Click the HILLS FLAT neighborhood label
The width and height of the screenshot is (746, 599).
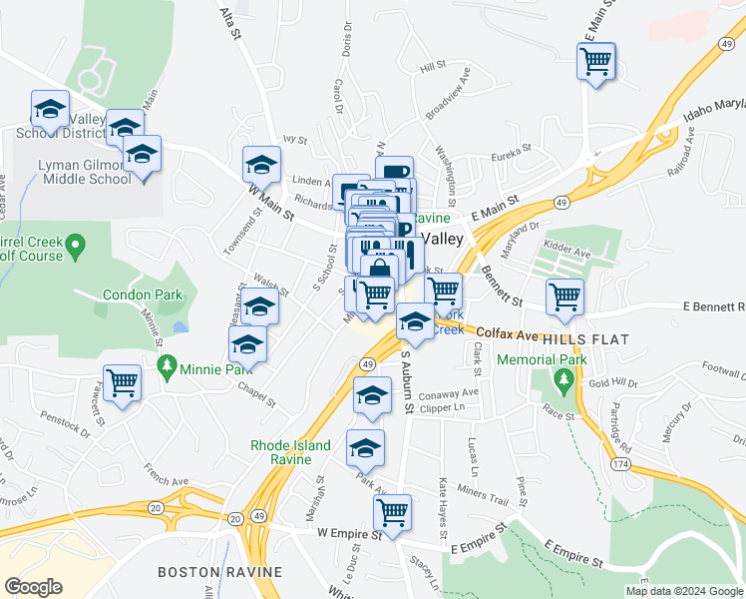click(586, 339)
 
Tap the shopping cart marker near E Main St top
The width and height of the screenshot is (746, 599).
click(596, 62)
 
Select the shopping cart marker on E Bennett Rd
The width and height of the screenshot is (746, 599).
click(564, 297)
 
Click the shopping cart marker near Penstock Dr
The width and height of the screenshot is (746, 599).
click(122, 380)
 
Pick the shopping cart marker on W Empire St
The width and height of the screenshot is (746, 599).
click(393, 512)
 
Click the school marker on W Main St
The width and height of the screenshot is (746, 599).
click(262, 163)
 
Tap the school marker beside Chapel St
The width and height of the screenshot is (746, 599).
click(246, 344)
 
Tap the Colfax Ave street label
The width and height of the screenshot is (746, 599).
click(493, 334)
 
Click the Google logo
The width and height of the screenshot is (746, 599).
click(34, 587)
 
